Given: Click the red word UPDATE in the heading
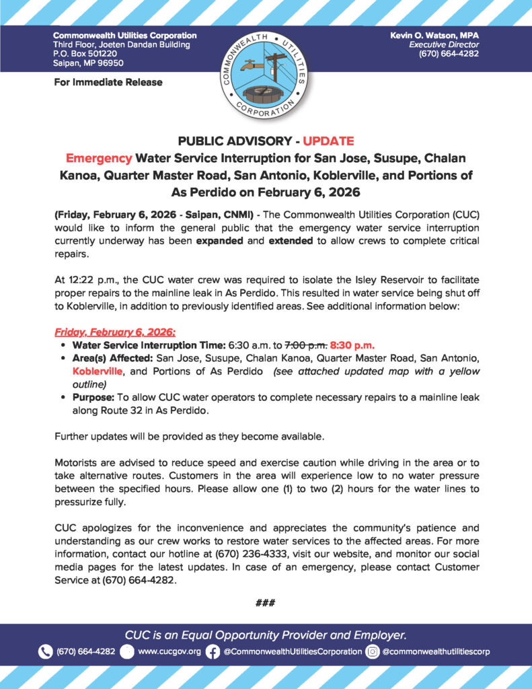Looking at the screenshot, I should click(328, 141).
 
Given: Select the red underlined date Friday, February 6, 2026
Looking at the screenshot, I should click(114, 332).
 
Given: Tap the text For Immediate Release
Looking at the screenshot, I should click(108, 82).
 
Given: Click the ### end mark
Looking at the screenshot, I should click(266, 603).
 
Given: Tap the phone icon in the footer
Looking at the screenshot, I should click(46, 651).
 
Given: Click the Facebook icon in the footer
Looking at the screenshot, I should click(213, 651).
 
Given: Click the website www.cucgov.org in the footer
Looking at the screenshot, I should click(169, 651).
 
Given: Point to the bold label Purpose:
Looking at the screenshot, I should click(93, 398).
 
